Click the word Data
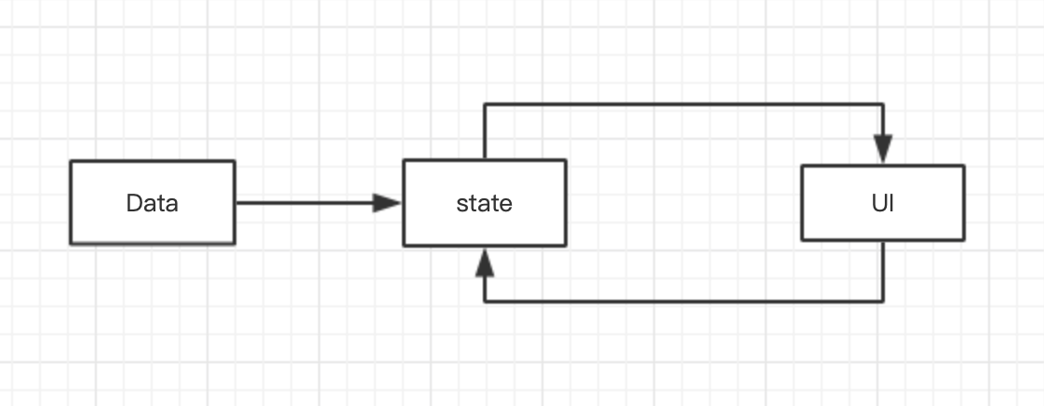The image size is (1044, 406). coord(152,203)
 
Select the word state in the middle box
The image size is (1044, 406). coord(484,203)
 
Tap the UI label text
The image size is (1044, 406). coord(882,203)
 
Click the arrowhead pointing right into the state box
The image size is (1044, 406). coord(388,202)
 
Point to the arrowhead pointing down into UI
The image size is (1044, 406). coord(882,149)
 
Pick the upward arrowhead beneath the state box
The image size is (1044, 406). coord(485,263)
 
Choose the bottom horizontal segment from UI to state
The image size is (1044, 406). coord(684,302)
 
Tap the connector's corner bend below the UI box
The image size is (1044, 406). coord(882,302)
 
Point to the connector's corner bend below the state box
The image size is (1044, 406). coord(485,302)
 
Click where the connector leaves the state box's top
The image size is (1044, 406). coord(485,159)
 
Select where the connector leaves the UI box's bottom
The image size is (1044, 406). coord(882,241)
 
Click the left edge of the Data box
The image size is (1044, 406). coord(71,203)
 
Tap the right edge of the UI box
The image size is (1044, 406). coord(964,203)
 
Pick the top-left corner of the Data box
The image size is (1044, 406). coord(71,161)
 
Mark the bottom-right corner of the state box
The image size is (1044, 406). coord(566,246)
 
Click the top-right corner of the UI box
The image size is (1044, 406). coord(964,166)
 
